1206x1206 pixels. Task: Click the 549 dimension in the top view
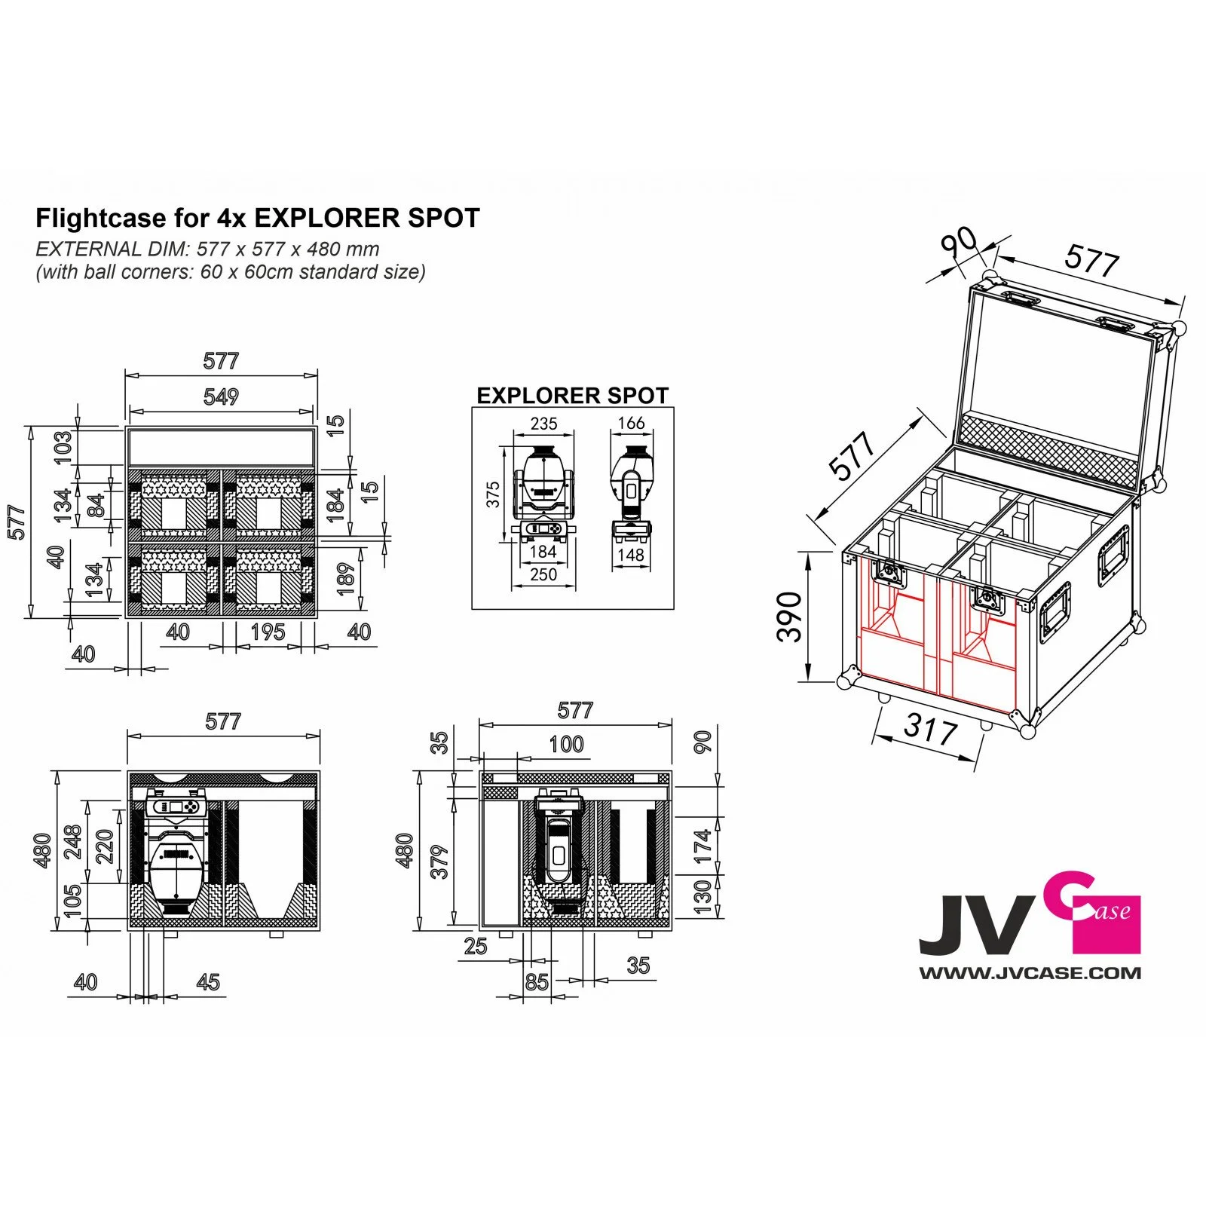[221, 396]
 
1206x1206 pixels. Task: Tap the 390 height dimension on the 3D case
[788, 617]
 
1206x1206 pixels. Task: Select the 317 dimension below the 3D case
[930, 729]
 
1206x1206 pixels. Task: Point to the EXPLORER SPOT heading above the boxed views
[572, 395]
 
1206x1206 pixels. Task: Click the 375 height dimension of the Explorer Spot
[493, 495]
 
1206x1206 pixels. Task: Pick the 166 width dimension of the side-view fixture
[631, 423]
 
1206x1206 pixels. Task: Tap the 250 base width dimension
[543, 574]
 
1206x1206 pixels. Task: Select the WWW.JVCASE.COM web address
[1030, 973]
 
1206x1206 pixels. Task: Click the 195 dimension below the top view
[268, 632]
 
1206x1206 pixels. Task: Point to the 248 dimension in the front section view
[73, 842]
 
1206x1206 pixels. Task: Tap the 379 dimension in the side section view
[439, 862]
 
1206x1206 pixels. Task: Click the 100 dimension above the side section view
[566, 744]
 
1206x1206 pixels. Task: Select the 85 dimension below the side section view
[537, 981]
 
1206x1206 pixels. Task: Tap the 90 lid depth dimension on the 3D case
[959, 243]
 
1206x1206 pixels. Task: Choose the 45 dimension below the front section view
[207, 981]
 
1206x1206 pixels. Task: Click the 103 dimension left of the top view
[63, 447]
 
